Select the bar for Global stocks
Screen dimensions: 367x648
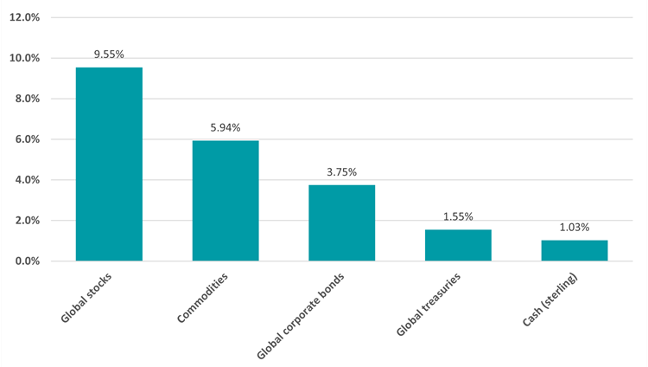(x=109, y=164)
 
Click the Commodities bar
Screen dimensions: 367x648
(x=226, y=201)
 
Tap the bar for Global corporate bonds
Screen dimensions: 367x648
(x=342, y=223)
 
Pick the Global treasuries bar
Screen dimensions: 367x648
(x=458, y=245)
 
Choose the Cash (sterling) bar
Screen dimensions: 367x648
(x=575, y=250)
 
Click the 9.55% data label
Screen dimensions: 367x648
(x=109, y=54)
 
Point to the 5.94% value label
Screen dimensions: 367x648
(x=226, y=127)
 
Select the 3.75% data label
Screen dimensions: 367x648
(x=342, y=171)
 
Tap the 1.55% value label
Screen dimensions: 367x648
(x=458, y=216)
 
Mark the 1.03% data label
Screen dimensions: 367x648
(x=575, y=227)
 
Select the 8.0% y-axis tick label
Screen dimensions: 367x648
(x=27, y=99)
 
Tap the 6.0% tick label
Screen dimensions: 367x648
(x=27, y=139)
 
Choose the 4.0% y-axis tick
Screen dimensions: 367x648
(x=27, y=180)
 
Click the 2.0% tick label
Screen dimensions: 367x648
(x=27, y=221)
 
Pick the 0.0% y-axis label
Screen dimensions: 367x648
(x=27, y=261)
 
